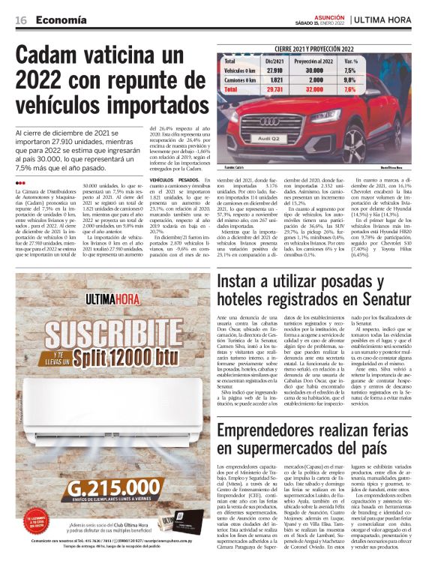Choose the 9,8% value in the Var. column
[x=350, y=78]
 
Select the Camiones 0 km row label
[x=240, y=78]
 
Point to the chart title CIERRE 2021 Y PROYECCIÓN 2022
[x=316, y=48]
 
